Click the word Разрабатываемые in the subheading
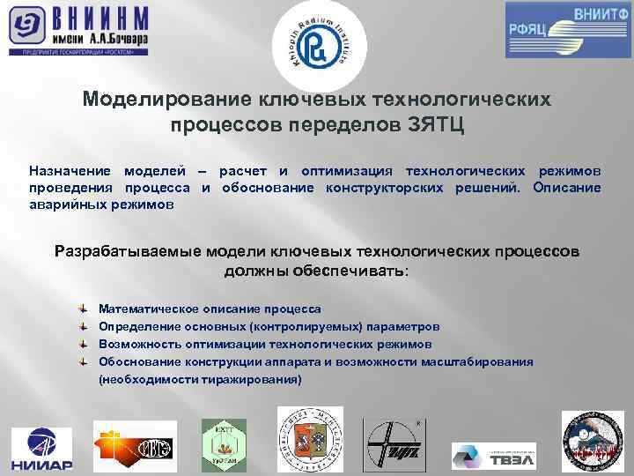point(126,251)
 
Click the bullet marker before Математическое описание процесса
point(81,309)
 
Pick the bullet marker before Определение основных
point(81,327)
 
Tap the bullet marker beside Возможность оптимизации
point(81,345)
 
